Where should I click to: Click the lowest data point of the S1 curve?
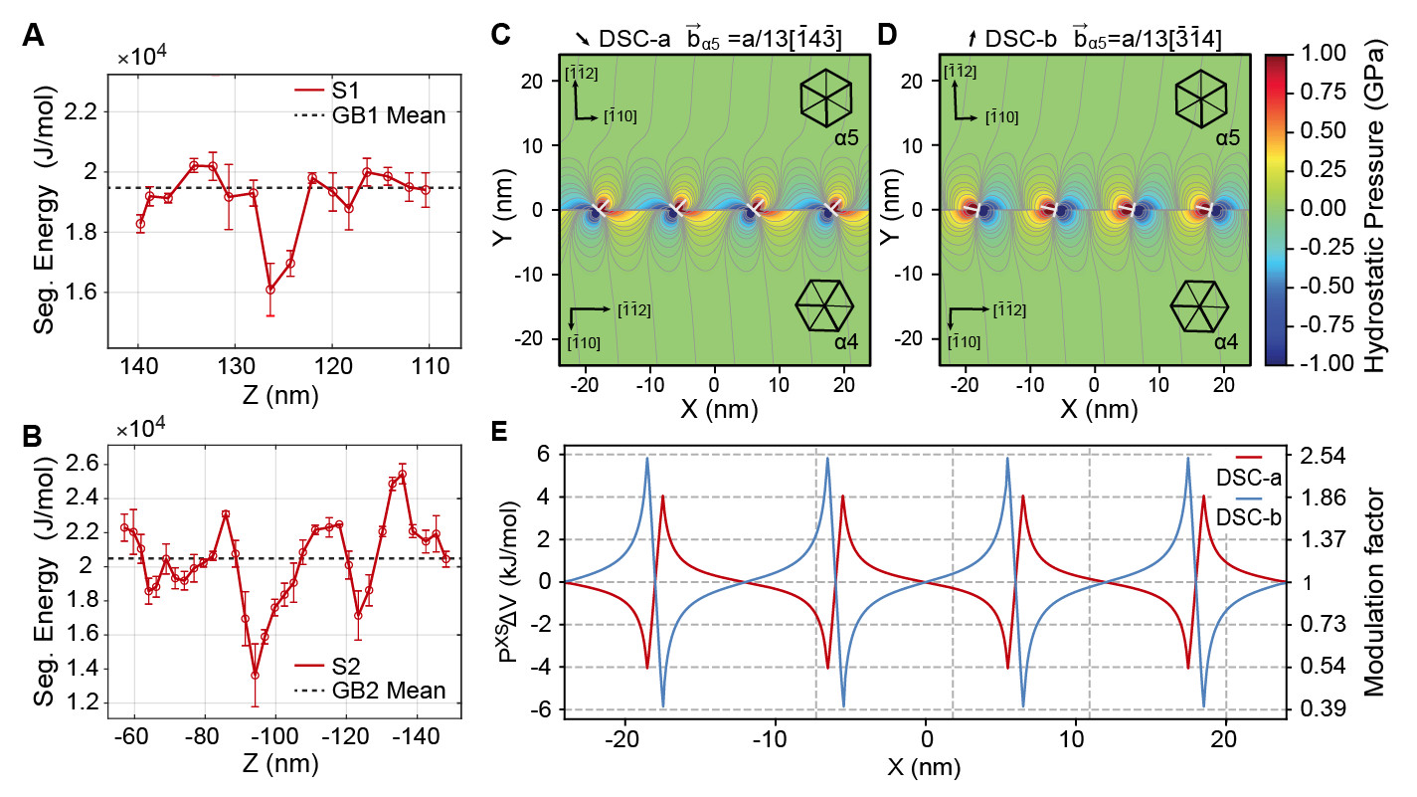269,289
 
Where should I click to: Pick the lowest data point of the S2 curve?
256,675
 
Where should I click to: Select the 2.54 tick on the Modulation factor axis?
1323,456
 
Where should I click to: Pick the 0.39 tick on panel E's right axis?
1323,709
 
